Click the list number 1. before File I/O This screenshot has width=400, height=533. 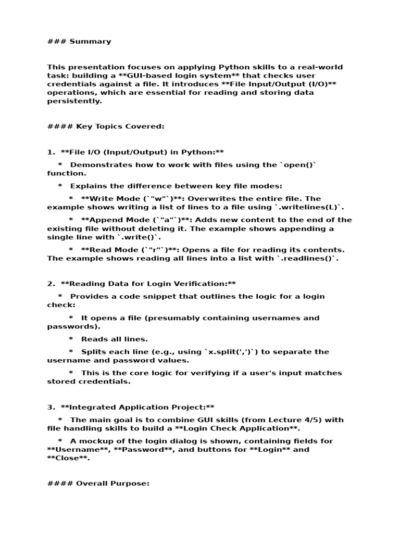pos(51,152)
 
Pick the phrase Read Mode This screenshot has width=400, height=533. pos(114,250)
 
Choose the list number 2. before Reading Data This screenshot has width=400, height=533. pos(51,284)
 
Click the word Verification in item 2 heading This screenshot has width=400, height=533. pos(205,284)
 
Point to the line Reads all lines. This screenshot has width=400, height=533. pos(114,339)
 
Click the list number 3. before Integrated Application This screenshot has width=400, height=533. pos(51,408)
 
